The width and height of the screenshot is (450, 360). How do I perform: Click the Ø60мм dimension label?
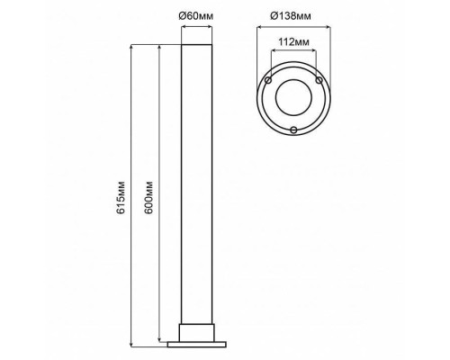point(196,15)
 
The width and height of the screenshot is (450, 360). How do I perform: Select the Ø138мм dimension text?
point(291,15)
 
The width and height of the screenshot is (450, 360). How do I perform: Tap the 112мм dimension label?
point(293,42)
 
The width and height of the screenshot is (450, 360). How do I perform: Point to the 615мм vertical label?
point(121,197)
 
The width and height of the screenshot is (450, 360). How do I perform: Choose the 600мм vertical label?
point(148,197)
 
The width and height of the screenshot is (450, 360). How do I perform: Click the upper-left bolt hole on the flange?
point(268,80)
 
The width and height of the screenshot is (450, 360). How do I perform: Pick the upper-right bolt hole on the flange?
point(319,80)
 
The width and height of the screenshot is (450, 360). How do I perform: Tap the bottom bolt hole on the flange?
point(294,130)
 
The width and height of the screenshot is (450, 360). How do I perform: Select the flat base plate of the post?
point(197,345)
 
